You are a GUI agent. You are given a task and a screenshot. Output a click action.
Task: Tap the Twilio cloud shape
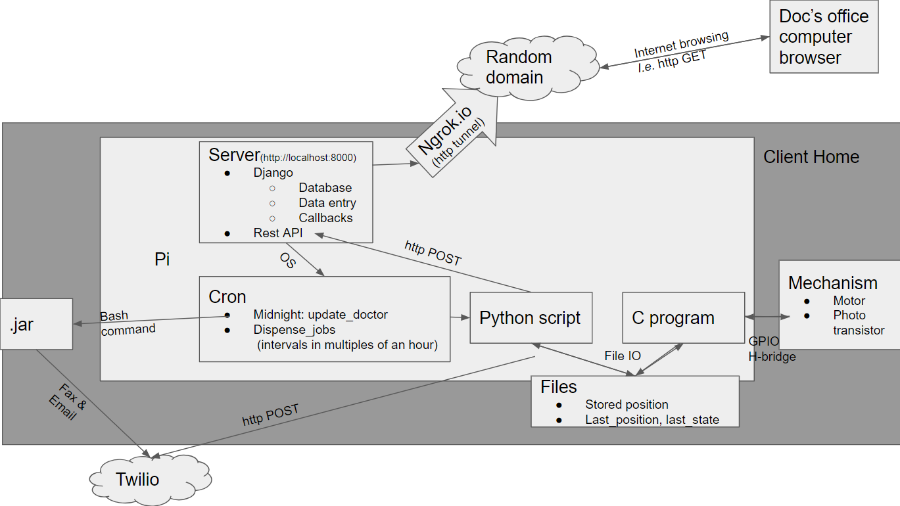138,479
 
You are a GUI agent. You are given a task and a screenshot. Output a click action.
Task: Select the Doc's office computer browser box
824,37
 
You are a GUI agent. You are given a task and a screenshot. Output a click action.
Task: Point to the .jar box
36,324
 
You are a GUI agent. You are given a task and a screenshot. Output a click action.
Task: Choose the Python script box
531,318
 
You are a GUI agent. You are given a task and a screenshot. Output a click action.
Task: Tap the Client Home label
811,157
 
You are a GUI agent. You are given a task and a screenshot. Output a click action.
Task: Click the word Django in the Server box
273,173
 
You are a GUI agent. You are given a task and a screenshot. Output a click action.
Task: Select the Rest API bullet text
277,233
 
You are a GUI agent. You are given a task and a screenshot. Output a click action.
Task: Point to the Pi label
162,260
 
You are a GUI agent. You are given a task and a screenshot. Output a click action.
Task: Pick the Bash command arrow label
128,323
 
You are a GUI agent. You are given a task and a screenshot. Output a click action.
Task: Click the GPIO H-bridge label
772,349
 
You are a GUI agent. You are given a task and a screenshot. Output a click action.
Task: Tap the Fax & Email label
64,401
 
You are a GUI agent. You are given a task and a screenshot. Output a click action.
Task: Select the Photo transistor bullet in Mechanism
857,323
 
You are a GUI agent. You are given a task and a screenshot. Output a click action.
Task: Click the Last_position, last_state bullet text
651,419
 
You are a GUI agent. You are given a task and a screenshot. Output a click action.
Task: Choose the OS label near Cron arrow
287,262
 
